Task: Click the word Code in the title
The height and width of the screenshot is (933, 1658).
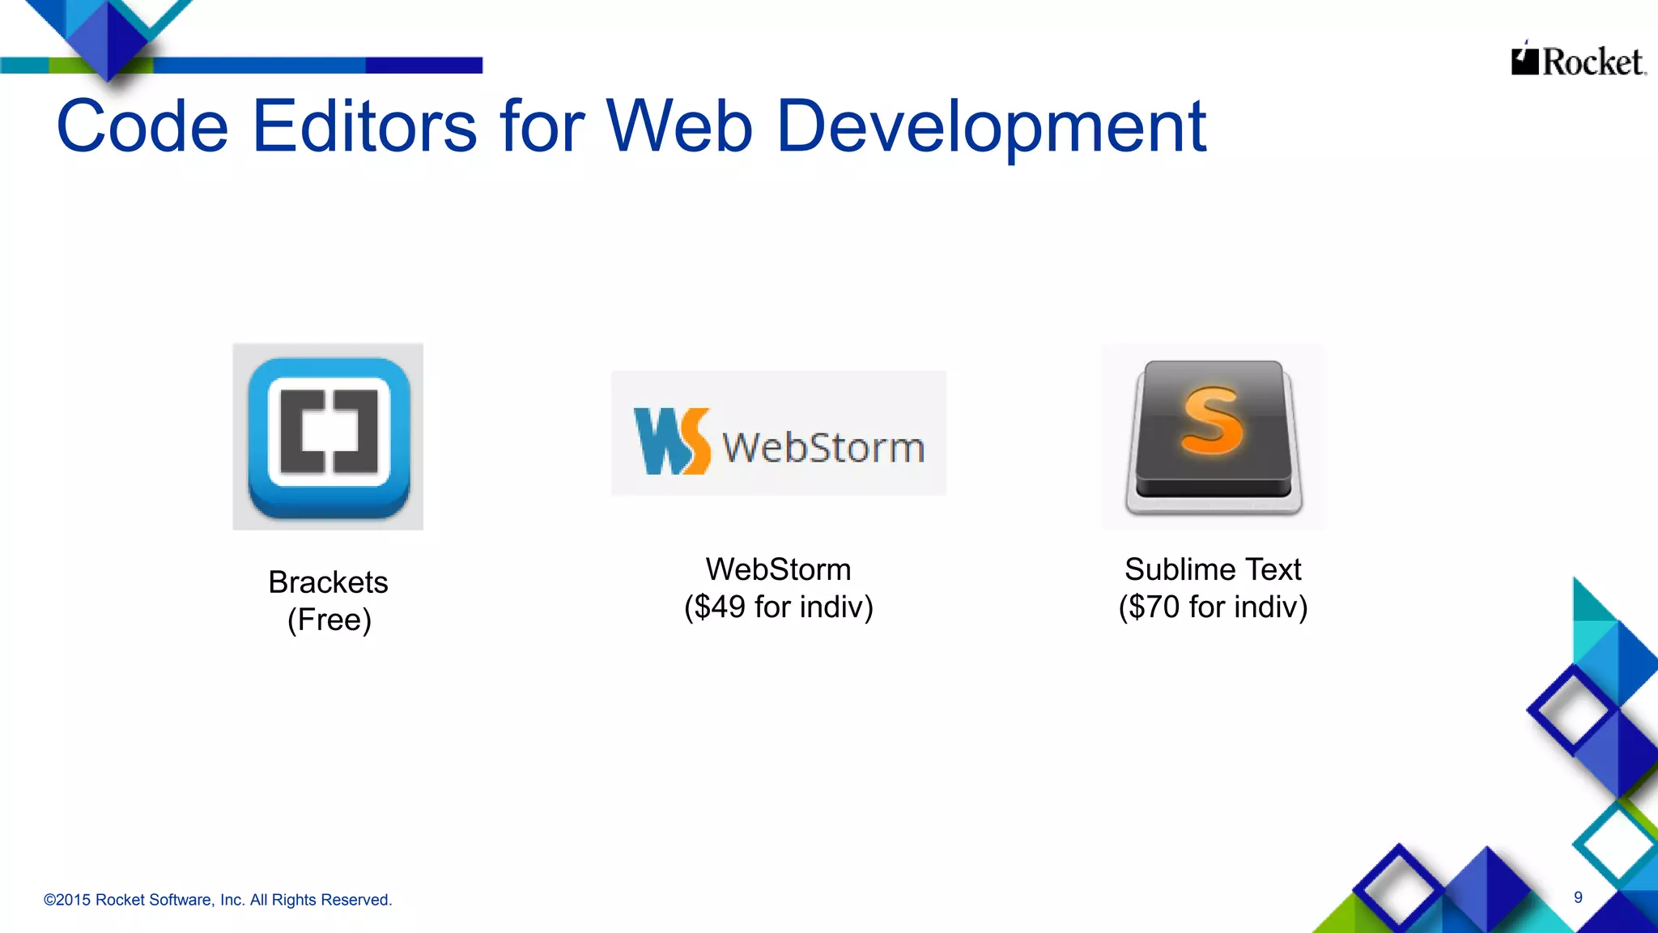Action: point(142,126)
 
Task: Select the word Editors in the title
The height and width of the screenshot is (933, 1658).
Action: point(364,126)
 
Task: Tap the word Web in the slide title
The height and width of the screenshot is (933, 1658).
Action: point(678,126)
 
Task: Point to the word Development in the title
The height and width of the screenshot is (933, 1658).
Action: point(991,128)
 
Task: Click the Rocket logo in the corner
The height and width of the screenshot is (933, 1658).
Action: point(1578,61)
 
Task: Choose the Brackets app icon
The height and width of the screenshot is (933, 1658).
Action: point(328,437)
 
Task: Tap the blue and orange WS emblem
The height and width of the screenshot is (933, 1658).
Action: point(671,441)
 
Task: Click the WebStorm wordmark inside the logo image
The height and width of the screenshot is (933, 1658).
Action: point(823,447)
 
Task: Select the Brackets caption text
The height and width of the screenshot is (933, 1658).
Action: point(328,582)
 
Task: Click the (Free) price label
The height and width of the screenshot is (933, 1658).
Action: point(329,620)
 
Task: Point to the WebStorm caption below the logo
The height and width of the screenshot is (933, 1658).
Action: point(778,569)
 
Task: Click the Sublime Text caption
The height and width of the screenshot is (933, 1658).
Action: point(1213,569)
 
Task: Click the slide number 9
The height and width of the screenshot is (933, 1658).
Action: point(1578,897)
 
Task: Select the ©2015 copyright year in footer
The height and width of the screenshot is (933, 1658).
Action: point(66,900)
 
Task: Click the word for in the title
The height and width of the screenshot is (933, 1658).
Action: point(542,126)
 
